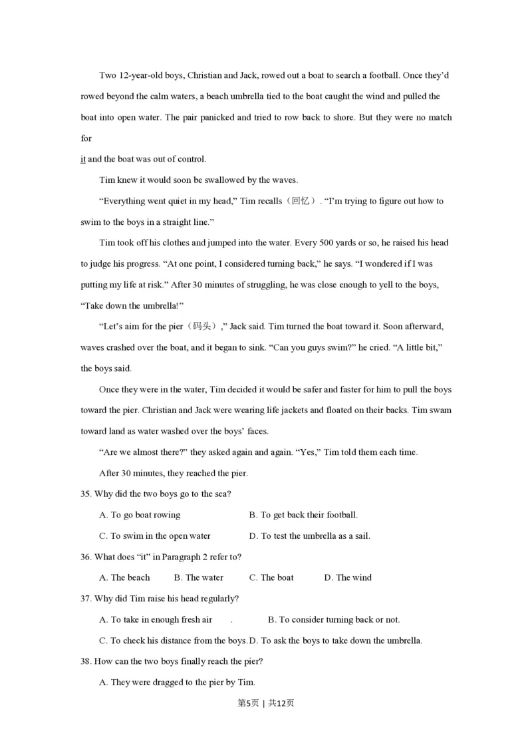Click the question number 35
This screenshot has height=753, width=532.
pos(85,494)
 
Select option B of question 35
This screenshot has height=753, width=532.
pos(303,515)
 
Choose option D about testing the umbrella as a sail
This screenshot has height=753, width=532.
pos(309,535)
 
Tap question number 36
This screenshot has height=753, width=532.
pos(85,557)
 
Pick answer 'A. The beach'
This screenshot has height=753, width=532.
pos(124,577)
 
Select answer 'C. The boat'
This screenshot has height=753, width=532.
pos(271,577)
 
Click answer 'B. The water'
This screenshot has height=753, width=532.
pos(198,577)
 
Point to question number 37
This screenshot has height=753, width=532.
pos(85,599)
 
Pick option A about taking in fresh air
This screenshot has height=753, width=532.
pos(156,619)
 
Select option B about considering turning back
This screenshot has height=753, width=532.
pos(334,619)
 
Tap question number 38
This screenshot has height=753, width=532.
pos(85,661)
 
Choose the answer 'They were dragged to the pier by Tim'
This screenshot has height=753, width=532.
pos(177,682)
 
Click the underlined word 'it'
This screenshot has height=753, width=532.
pos(83,159)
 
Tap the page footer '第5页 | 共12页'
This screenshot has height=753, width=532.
pos(265,703)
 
